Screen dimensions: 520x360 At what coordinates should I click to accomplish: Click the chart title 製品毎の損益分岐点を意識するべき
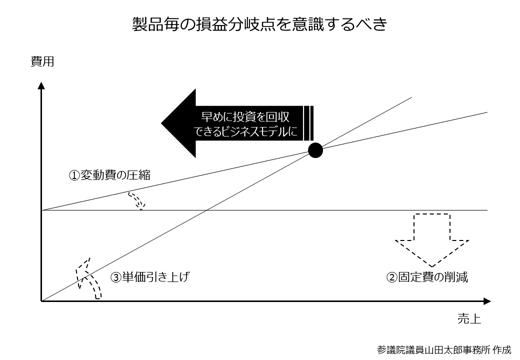click(259, 24)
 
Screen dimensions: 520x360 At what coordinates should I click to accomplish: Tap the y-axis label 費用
click(42, 61)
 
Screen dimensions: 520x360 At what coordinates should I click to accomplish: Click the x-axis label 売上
click(469, 319)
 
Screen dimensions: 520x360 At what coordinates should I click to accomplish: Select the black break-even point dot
click(315, 150)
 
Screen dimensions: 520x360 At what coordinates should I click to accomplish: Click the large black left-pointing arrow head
click(179, 123)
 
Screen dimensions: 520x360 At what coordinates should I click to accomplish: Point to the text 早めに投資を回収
click(245, 116)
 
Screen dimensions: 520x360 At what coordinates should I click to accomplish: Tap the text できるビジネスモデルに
click(245, 131)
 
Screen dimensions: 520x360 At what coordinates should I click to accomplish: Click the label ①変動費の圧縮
click(109, 174)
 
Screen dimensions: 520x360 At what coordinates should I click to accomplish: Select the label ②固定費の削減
click(427, 277)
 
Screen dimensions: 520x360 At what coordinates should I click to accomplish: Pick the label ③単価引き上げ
click(150, 277)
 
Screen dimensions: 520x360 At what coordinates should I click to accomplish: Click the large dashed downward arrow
click(432, 240)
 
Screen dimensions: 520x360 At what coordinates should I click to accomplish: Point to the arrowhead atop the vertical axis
click(41, 85)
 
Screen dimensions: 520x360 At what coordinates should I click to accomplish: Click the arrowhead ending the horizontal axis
click(487, 301)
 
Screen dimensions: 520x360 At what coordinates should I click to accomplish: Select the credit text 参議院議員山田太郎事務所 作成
click(444, 349)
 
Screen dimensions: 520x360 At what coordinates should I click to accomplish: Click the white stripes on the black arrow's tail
click(308, 123)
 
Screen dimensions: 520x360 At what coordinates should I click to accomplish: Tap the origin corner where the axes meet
click(41, 301)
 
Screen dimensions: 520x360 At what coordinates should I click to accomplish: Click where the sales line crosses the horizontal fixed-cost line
click(206, 210)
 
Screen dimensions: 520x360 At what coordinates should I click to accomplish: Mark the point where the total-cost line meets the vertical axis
click(41, 210)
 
